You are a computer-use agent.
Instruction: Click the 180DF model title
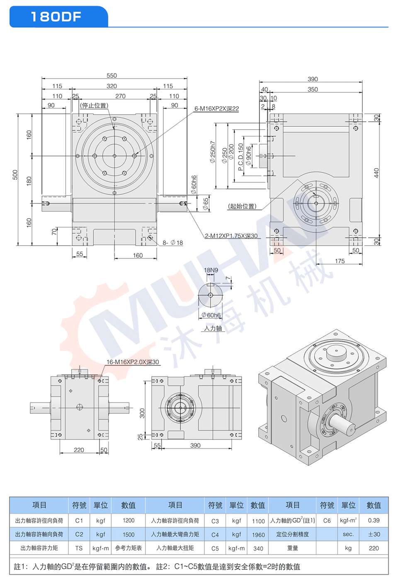(x=56, y=17)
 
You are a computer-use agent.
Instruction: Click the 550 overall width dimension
(x=112, y=75)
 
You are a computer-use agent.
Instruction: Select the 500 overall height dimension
(x=15, y=175)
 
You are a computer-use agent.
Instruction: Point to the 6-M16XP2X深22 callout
(x=217, y=108)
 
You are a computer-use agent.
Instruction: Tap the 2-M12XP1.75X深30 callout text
(x=231, y=236)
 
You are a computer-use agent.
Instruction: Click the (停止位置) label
(x=94, y=105)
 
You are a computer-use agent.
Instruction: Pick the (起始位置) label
(x=242, y=206)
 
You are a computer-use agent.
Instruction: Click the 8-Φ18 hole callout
(x=172, y=243)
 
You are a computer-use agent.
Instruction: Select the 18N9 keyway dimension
(x=211, y=270)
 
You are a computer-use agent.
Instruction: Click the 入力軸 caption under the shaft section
(x=213, y=328)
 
